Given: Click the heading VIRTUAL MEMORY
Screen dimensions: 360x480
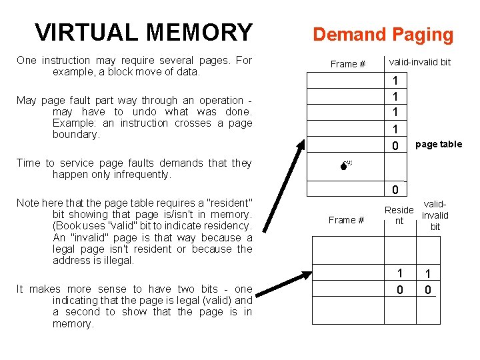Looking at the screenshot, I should tap(143, 32).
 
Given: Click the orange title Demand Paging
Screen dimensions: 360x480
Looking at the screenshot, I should tap(383, 35).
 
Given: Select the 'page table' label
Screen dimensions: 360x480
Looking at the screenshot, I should tap(438, 144).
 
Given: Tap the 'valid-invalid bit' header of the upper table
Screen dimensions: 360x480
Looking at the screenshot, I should tap(419, 62).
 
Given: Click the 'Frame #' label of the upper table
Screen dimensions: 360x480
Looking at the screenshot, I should tap(348, 64).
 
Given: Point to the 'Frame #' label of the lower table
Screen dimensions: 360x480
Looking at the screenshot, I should tap(347, 220).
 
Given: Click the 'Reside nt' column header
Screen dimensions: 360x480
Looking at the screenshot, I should tap(399, 215).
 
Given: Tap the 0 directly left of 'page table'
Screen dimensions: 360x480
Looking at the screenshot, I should tap(395, 145).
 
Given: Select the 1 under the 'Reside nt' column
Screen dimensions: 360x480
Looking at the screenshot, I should tap(400, 273).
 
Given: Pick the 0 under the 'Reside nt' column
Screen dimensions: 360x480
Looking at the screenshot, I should tap(400, 290).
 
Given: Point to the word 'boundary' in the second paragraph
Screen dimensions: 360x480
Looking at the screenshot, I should tap(75, 134).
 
